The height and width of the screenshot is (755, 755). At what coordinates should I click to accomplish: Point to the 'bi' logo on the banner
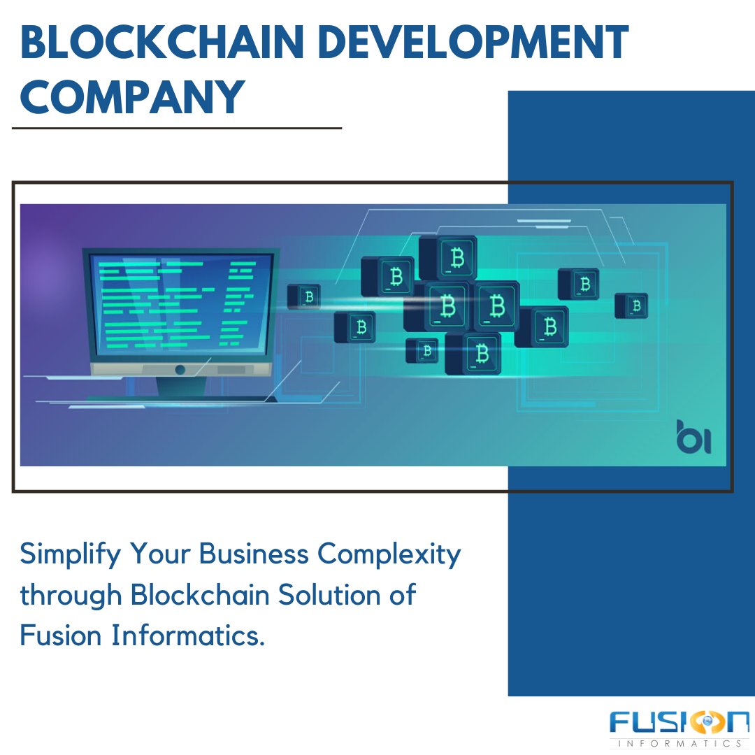693,437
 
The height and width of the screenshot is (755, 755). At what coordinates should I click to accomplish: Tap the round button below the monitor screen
180,369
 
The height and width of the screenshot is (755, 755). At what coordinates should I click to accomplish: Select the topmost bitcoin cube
449,257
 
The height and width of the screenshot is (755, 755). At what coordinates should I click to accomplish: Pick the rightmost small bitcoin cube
631,305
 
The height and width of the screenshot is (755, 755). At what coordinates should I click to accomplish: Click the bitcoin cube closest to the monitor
304,296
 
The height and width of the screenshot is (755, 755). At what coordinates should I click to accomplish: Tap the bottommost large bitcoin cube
473,353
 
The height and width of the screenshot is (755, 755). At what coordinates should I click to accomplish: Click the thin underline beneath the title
176,129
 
